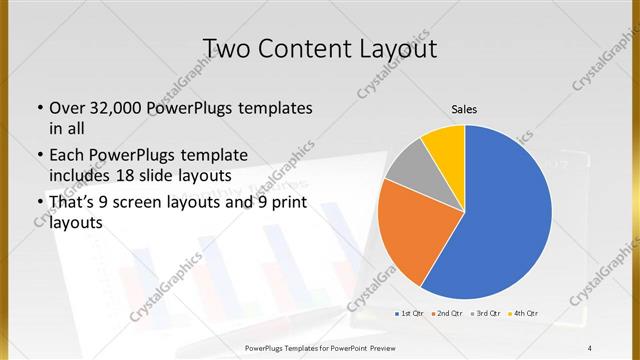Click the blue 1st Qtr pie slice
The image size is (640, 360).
[x=500, y=220]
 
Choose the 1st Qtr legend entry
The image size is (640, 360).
[x=410, y=314]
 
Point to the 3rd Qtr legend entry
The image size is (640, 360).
[x=484, y=314]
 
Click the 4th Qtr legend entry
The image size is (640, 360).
[x=522, y=314]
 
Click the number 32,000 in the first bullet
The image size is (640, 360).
[x=112, y=108]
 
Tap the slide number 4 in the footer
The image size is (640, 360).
[x=590, y=347]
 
